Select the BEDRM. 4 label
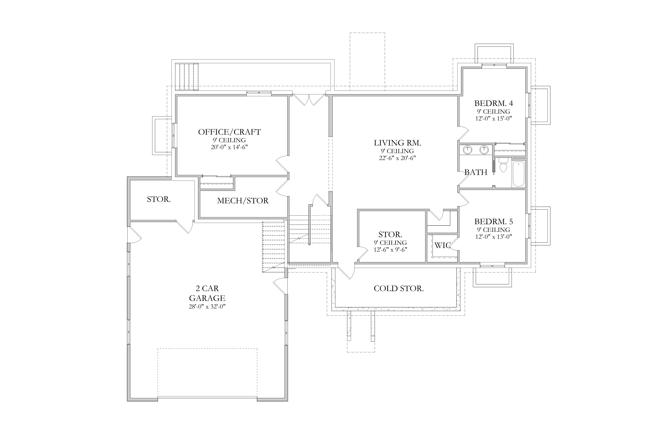[494, 103]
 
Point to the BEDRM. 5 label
[494, 221]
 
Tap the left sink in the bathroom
[467, 150]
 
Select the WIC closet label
[442, 245]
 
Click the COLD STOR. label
[399, 289]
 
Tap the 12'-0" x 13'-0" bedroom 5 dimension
[494, 237]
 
